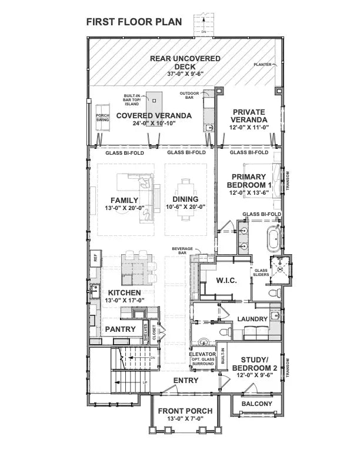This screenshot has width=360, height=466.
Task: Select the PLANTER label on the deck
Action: (262, 64)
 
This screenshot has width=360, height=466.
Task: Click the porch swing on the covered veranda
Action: (103, 117)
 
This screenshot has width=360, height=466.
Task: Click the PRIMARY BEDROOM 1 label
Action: (249, 181)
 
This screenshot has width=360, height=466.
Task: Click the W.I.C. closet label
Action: (226, 281)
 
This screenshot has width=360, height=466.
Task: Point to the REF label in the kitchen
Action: (94, 257)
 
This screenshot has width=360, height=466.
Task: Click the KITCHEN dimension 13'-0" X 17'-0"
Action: (124, 301)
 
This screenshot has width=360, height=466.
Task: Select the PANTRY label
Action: (121, 329)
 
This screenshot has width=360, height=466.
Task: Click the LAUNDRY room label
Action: (252, 319)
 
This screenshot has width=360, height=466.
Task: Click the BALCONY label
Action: (256, 404)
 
